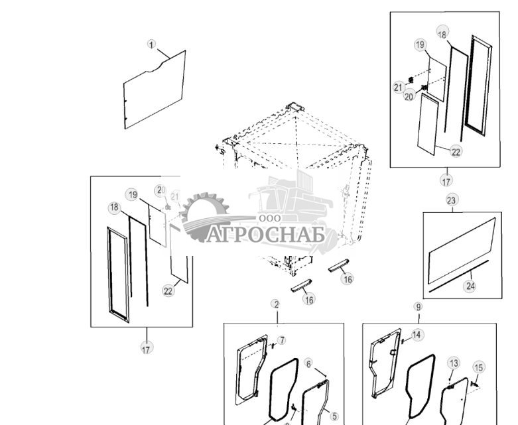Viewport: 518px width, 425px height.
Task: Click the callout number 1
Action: click(x=151, y=44)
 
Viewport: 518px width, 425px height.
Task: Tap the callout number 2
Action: click(x=275, y=304)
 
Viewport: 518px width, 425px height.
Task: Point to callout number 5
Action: click(x=334, y=416)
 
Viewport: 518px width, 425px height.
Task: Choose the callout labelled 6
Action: click(x=308, y=364)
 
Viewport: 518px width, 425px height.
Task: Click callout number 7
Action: click(x=282, y=340)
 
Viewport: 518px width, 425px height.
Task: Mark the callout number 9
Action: click(x=418, y=307)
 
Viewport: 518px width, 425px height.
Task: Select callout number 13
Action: click(x=454, y=363)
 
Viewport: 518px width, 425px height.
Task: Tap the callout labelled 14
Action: click(x=417, y=335)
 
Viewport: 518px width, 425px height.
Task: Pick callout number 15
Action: click(x=479, y=367)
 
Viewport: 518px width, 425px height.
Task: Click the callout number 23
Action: click(x=452, y=200)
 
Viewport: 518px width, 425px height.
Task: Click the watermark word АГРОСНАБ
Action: click(x=265, y=235)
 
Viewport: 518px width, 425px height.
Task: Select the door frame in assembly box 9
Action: click(x=383, y=368)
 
